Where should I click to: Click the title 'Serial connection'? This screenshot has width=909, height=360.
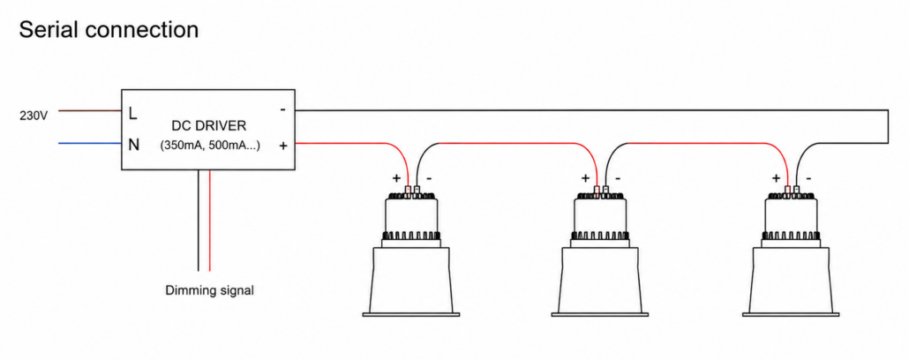(109, 30)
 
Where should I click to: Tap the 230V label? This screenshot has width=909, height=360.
(33, 116)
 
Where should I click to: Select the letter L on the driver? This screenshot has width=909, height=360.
(132, 114)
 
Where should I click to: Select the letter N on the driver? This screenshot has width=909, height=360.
(133, 145)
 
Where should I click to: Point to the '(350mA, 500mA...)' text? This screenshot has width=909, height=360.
(209, 146)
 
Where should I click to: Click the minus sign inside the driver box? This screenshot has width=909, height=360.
(282, 109)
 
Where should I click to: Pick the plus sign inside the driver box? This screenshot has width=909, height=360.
(283, 146)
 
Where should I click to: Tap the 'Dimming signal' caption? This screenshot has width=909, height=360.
(209, 290)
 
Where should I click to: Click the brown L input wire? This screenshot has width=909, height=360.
(90, 110)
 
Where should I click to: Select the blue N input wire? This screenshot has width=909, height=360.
(90, 143)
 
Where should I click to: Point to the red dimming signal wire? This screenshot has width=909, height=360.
(209, 221)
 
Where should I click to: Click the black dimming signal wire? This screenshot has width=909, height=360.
(199, 221)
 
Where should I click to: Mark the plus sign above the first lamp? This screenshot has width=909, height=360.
(397, 177)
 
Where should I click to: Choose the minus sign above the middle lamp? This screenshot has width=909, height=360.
(618, 178)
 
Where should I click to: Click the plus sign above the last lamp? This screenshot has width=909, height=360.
(777, 177)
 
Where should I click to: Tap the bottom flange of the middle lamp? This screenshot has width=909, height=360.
(599, 314)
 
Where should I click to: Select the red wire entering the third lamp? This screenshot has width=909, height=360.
(707, 143)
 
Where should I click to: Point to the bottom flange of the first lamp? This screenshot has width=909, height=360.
(411, 314)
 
